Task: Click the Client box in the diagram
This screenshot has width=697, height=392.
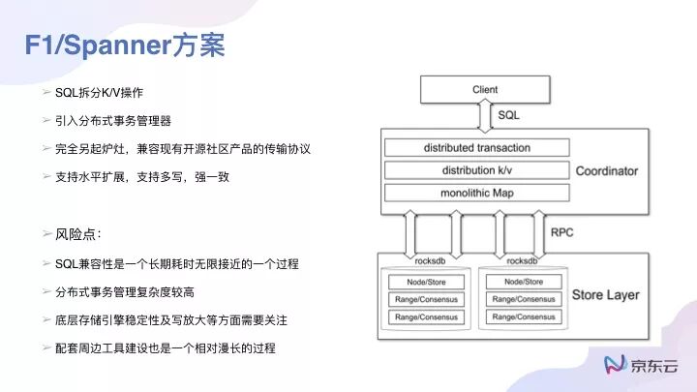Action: coord(485,91)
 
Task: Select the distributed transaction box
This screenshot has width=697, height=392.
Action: coord(477,148)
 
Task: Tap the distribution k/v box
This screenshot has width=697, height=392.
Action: coord(477,171)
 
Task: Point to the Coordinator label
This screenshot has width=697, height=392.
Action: coord(607,171)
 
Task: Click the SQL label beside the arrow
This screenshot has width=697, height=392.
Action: coord(510,114)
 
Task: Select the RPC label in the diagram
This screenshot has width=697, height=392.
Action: coord(563,233)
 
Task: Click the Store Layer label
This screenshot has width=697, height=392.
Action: coord(606,294)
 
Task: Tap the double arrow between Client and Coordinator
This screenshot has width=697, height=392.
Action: coord(485,115)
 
